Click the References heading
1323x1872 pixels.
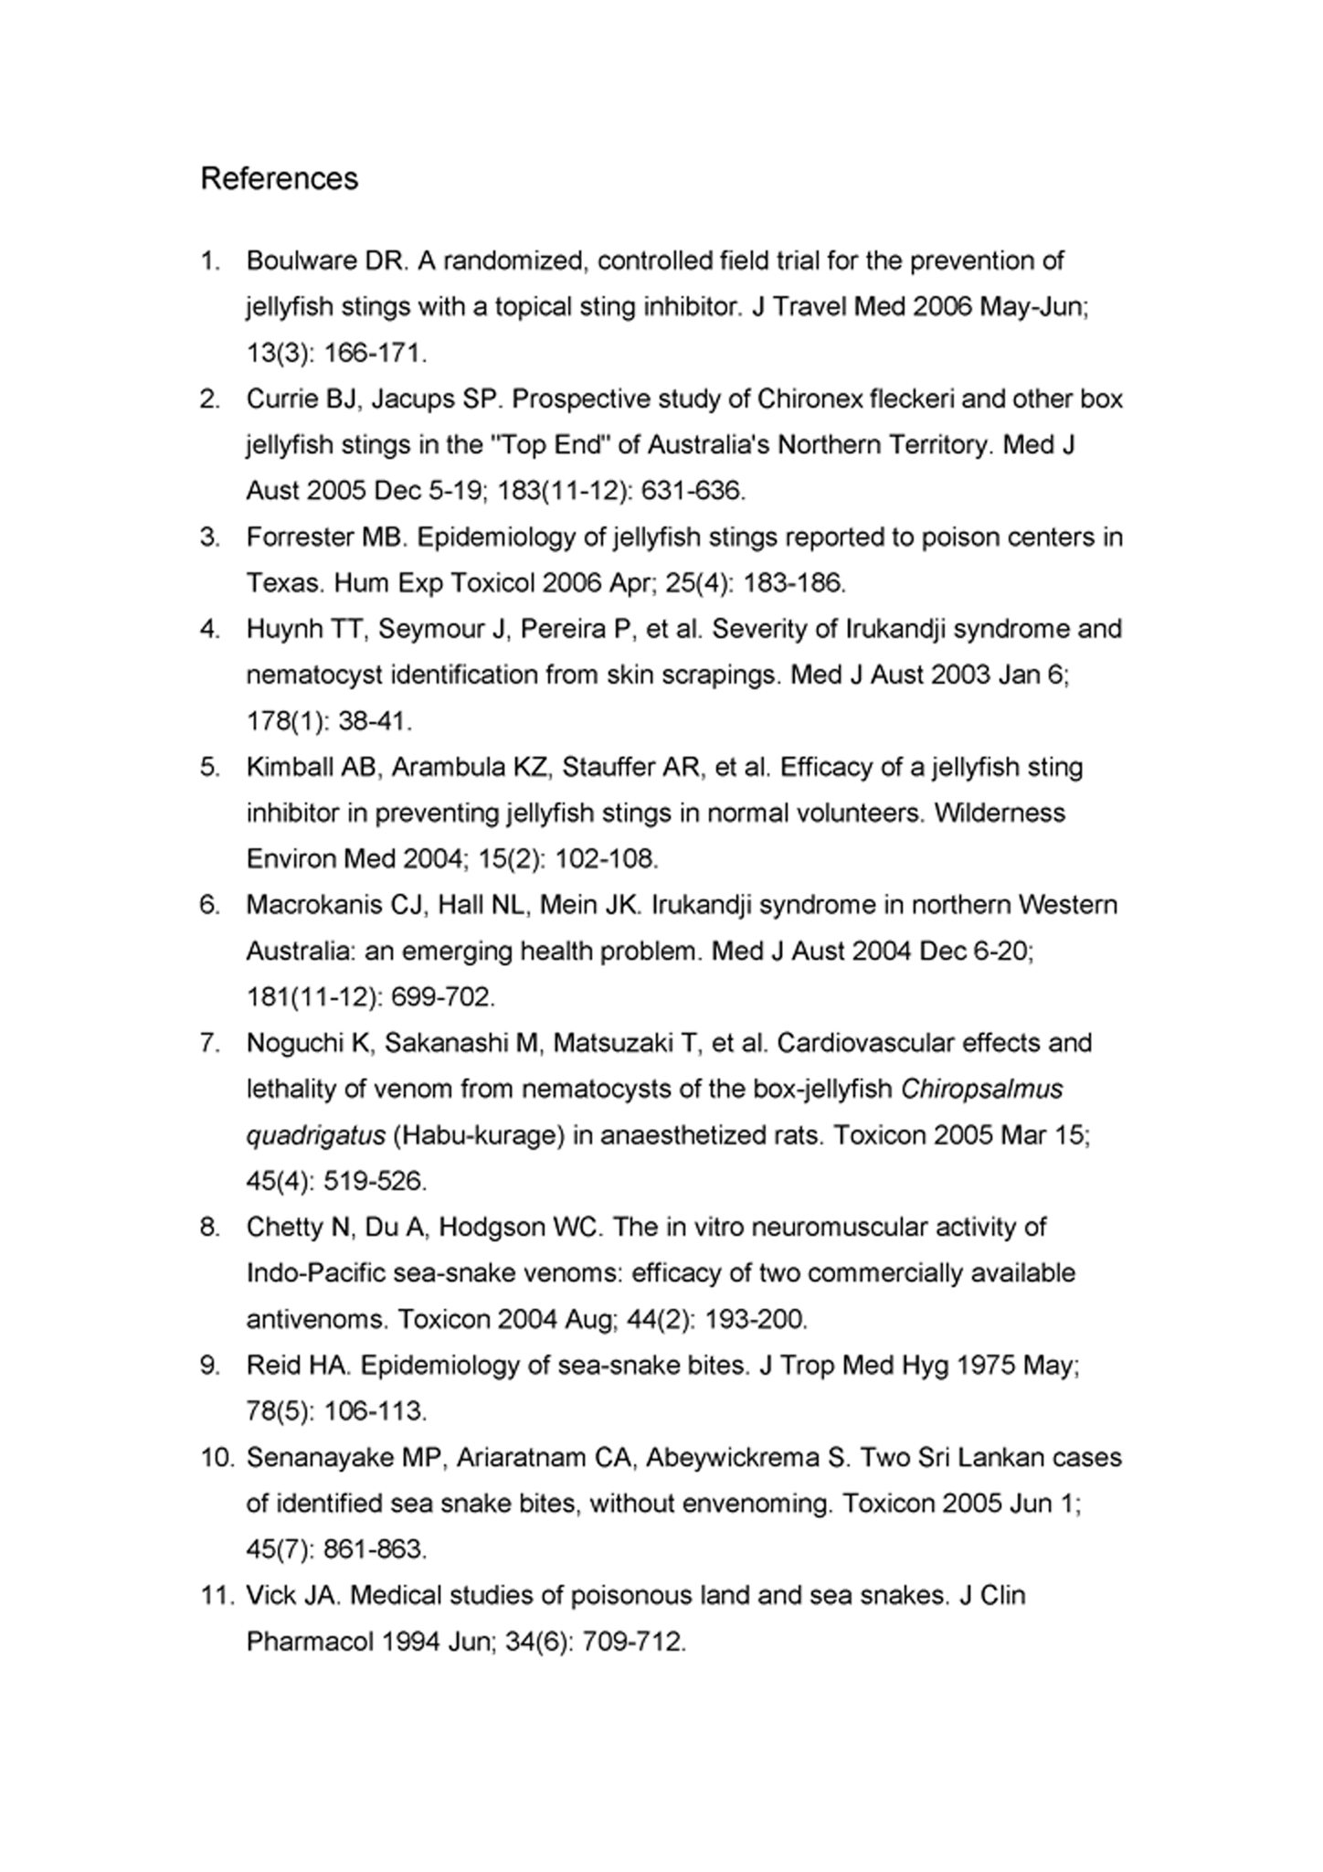click(x=279, y=178)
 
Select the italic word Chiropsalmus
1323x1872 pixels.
click(x=981, y=1090)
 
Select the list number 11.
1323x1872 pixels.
click(x=217, y=1596)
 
